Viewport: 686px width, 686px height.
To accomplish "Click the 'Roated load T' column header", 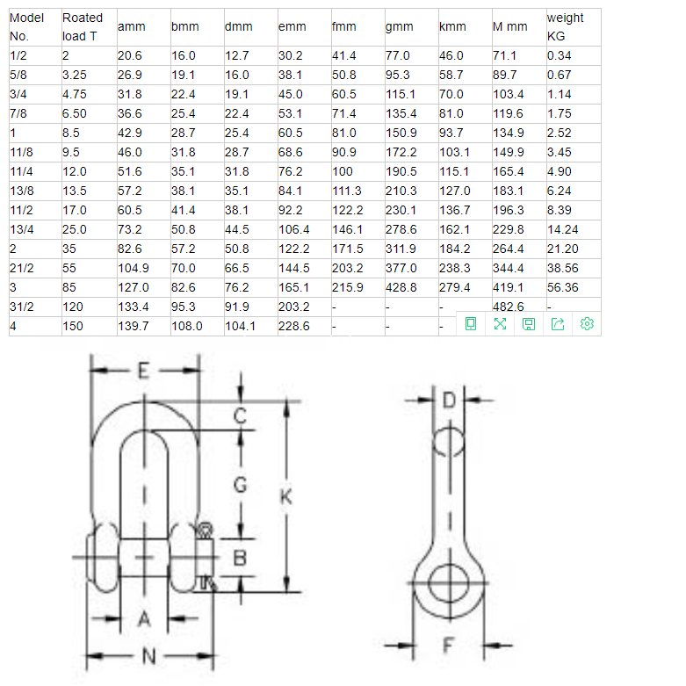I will tap(83, 27).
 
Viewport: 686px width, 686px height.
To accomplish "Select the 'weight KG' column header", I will tap(565, 27).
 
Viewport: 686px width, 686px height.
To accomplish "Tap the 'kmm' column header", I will tap(452, 27).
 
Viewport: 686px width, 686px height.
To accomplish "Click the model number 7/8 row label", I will tap(19, 113).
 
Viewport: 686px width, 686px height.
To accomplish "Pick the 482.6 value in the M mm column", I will tap(509, 307).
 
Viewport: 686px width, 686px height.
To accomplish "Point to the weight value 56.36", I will tap(563, 287).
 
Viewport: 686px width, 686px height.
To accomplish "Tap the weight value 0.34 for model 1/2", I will tap(559, 55).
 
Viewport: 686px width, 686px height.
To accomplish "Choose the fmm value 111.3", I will tap(347, 191).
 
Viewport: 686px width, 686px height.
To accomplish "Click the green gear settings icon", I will tap(588, 324).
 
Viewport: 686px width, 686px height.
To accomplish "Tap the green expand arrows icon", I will tap(500, 324).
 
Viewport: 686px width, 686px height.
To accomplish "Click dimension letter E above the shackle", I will tap(144, 371).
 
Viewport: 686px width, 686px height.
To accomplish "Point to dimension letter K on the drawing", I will tap(285, 497).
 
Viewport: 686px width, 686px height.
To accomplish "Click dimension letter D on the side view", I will tap(449, 401).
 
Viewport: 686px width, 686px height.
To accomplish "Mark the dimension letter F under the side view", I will tap(448, 646).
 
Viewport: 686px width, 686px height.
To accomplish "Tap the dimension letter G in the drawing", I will tap(241, 484).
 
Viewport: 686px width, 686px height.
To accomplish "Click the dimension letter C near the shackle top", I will tap(240, 416).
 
